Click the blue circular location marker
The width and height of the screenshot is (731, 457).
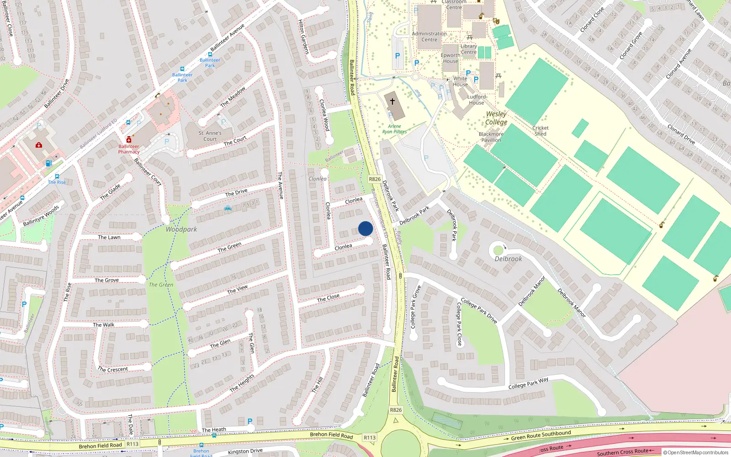[365, 228]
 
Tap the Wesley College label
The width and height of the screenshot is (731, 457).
[496, 118]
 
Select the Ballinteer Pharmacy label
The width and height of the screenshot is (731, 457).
[129, 149]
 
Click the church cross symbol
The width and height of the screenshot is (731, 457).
[392, 101]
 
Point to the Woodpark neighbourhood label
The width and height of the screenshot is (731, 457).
[181, 229]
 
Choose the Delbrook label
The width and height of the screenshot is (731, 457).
[508, 259]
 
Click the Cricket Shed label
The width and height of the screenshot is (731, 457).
[540, 131]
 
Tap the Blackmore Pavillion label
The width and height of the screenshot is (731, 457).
[491, 137]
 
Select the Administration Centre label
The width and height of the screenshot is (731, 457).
[429, 37]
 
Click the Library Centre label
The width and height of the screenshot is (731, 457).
[469, 49]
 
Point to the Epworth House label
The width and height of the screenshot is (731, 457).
[450, 58]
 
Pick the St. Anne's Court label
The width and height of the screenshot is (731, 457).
[210, 136]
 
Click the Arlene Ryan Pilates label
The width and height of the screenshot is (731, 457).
[394, 129]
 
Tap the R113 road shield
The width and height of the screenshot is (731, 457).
[370, 437]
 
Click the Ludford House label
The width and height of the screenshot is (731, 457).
[477, 100]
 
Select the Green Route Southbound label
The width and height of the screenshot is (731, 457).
[541, 435]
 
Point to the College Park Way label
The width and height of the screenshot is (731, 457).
[528, 383]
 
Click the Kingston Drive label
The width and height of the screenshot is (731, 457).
[245, 451]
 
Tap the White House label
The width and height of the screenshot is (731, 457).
[461, 81]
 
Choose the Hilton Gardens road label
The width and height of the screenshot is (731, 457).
[304, 37]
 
